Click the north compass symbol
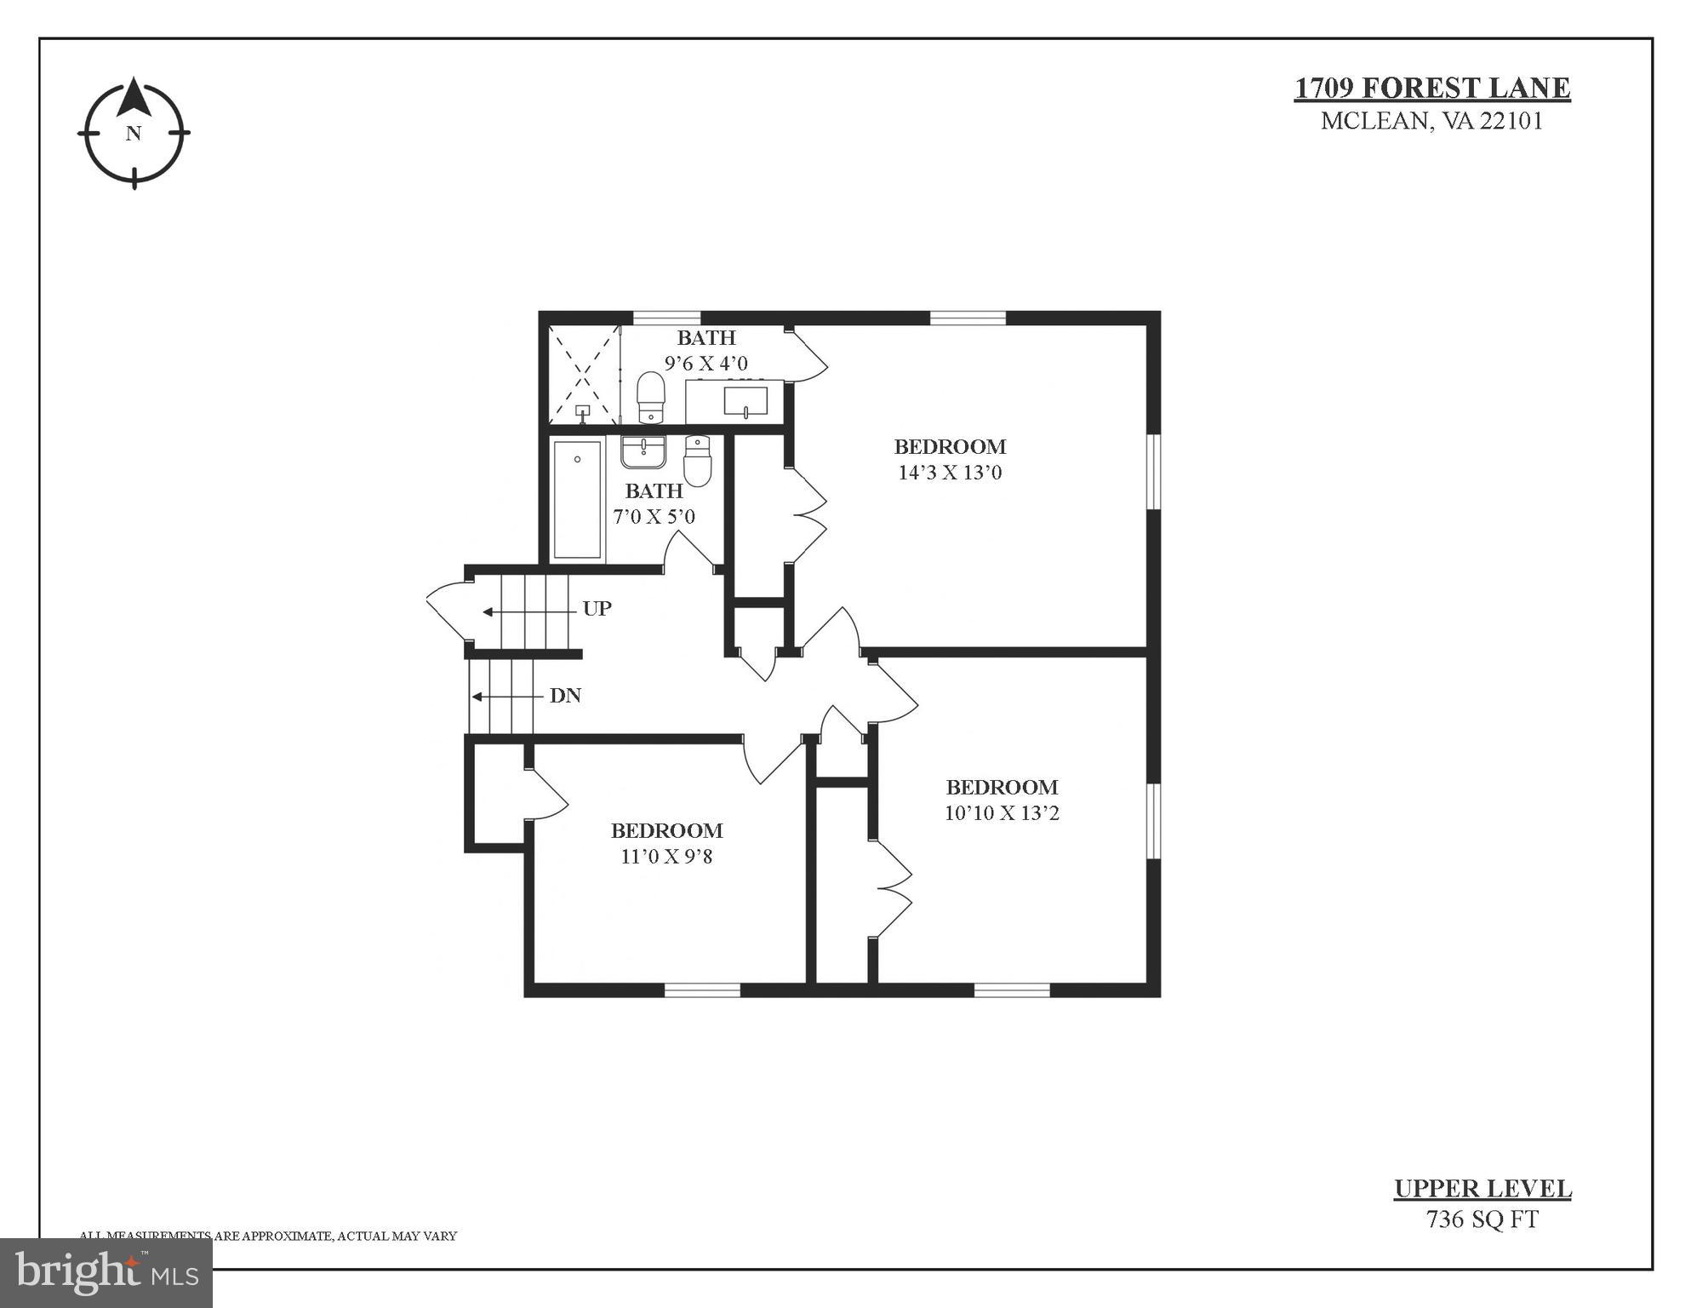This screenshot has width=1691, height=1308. [x=134, y=133]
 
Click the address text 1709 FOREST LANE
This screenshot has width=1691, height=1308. [x=1432, y=89]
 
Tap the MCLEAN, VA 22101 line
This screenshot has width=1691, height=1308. [x=1431, y=121]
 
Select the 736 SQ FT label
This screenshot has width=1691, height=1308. [x=1482, y=1219]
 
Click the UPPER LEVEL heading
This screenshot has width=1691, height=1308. [x=1482, y=1189]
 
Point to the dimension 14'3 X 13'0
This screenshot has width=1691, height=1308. [x=950, y=473]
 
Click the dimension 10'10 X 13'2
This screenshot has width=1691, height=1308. [x=1002, y=813]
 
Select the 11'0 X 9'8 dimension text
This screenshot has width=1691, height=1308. [x=666, y=857]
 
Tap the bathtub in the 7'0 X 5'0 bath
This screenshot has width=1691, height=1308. [x=577, y=499]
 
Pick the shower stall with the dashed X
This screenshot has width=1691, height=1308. [x=584, y=375]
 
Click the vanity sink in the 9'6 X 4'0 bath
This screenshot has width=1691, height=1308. [x=746, y=401]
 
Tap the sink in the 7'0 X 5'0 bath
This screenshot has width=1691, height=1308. [x=643, y=452]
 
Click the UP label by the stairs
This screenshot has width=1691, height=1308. [x=597, y=609]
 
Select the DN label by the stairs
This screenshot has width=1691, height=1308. [x=565, y=696]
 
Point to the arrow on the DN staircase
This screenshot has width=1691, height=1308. [x=507, y=697]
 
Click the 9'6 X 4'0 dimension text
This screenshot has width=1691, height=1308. [x=706, y=364]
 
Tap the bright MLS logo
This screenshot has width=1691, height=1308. [x=106, y=1273]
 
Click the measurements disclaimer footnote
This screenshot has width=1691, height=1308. [x=268, y=1236]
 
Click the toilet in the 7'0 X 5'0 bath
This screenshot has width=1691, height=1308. [x=697, y=461]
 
